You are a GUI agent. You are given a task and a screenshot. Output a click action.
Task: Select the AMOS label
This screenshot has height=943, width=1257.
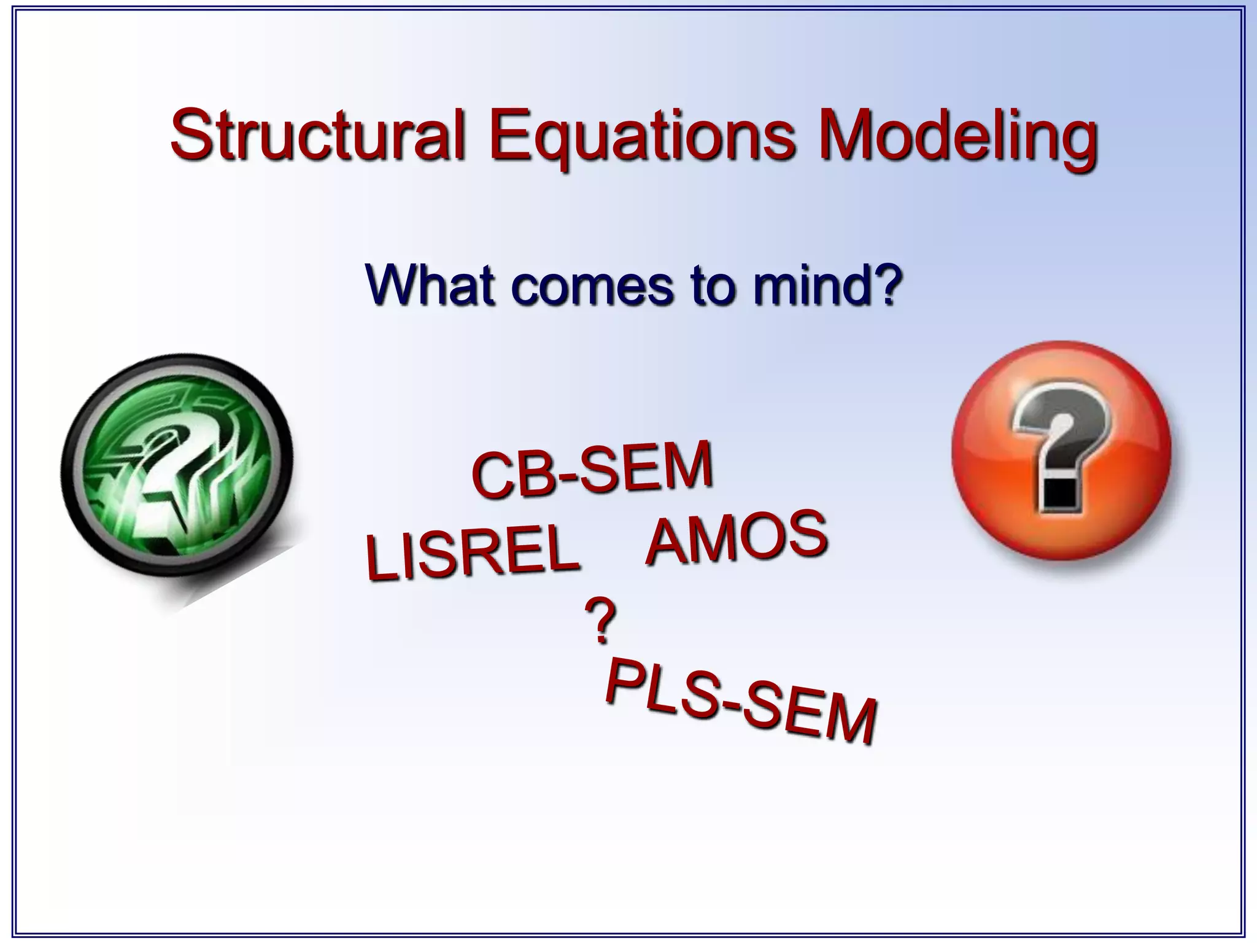[737, 539]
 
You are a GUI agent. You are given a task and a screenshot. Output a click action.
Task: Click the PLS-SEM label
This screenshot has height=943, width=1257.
[740, 700]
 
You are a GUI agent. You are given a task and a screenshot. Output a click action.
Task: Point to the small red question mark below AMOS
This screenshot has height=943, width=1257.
[600, 621]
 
